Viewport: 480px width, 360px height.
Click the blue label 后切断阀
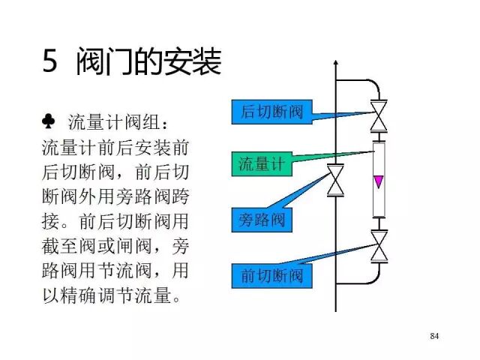point(271,112)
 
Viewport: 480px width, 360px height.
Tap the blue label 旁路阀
point(262,220)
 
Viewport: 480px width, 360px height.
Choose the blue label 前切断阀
point(271,276)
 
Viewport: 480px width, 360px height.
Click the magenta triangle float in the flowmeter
point(379,181)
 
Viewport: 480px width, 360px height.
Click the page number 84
point(434,334)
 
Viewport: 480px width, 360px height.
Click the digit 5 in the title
point(50,62)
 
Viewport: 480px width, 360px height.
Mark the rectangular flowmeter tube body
point(379,180)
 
